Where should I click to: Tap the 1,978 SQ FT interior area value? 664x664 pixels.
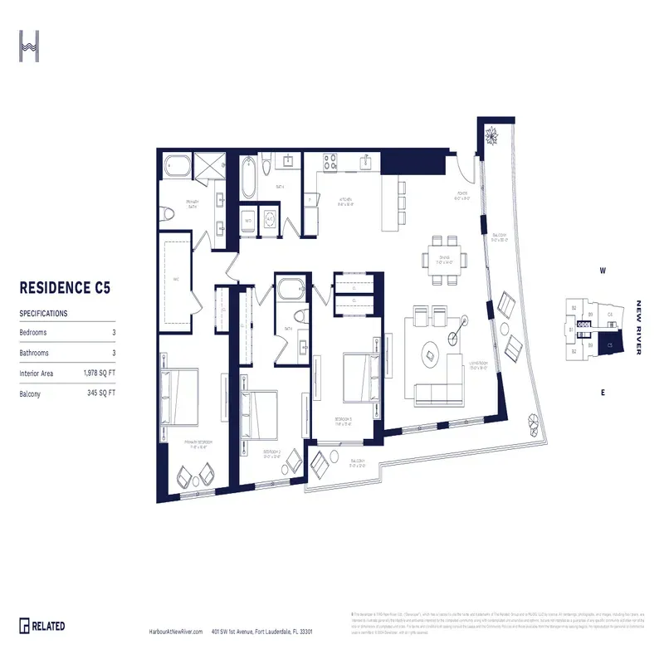point(103,374)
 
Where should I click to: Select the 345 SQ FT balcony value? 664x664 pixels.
point(101,393)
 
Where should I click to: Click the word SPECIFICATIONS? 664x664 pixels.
point(43,314)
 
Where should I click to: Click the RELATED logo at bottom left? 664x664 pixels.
point(42,626)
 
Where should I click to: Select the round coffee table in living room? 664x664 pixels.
point(434,354)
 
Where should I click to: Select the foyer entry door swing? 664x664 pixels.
point(463,172)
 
